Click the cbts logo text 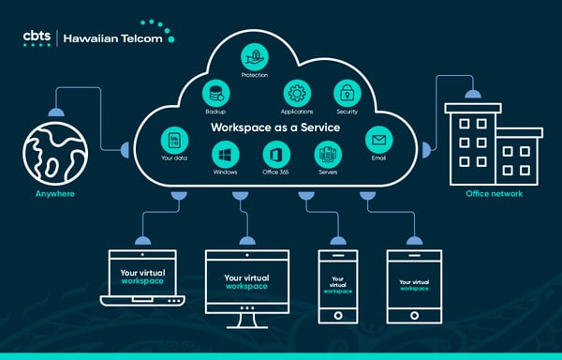point(37,37)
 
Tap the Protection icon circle point(254,53)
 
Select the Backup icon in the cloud point(216,92)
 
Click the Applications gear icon point(297,93)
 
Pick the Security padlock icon point(347,93)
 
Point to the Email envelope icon point(378,140)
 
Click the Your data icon point(173,140)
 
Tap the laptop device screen point(142,276)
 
